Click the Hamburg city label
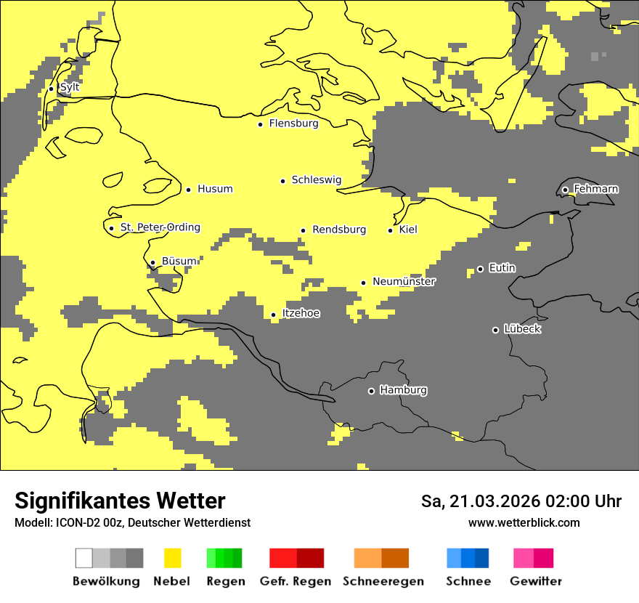(x=403, y=390)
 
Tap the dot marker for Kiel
(x=390, y=230)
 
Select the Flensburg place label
(x=293, y=124)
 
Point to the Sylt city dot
(x=51, y=89)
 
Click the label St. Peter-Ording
(x=160, y=227)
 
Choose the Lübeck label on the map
(x=522, y=329)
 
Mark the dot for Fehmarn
(x=565, y=190)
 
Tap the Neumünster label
(x=404, y=282)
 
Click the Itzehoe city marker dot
(x=273, y=315)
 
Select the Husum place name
(x=215, y=189)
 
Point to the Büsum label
(x=179, y=262)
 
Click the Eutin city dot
(x=480, y=269)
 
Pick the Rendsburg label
(x=339, y=230)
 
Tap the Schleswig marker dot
(x=282, y=181)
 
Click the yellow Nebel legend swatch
(x=172, y=558)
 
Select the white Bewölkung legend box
(x=84, y=558)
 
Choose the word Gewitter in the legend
(x=536, y=581)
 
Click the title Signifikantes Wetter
(x=120, y=501)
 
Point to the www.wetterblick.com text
(x=524, y=522)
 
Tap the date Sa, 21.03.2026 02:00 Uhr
(x=521, y=501)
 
